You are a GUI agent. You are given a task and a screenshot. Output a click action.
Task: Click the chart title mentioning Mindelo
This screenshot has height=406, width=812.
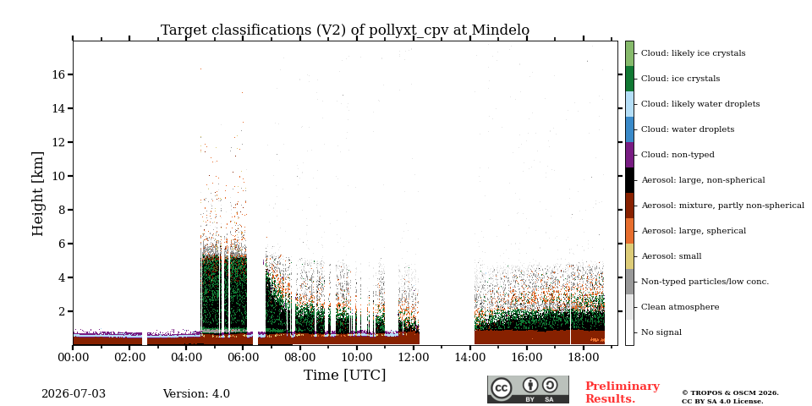coord(345,30)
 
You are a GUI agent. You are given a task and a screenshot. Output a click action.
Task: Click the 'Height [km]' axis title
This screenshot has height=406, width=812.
coord(38,194)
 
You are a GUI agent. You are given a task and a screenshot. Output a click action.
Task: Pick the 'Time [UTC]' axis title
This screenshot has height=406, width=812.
coord(345,375)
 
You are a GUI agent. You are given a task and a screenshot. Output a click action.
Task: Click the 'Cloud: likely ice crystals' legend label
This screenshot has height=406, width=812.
coord(694,52)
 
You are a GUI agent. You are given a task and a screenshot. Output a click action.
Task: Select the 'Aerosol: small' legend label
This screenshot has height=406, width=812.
coord(672,255)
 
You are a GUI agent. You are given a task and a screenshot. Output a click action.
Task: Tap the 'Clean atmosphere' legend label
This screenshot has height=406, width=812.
coord(680,306)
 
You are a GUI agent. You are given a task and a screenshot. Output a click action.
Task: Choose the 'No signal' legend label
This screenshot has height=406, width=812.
coord(661,332)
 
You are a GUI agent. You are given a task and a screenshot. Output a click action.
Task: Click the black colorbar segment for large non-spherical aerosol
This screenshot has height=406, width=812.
coord(629,180)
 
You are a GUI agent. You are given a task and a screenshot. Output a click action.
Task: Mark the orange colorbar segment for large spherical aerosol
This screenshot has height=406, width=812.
coord(629,231)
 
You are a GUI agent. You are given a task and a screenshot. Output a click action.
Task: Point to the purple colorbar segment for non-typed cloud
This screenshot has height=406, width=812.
coord(629,155)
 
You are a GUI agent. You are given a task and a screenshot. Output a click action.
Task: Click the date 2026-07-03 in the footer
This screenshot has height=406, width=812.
coord(73,394)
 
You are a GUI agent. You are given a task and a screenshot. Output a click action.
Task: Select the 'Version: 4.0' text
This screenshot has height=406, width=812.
coord(196,394)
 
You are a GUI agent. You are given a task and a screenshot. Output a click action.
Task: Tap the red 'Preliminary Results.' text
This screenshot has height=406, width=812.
coord(623,392)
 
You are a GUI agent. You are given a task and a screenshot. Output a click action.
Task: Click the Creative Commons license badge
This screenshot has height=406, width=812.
coord(528,389)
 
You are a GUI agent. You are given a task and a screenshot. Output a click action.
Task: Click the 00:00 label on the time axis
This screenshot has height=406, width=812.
coord(73,358)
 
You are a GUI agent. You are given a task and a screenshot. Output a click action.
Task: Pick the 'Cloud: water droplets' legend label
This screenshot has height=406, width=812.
coord(688,129)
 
